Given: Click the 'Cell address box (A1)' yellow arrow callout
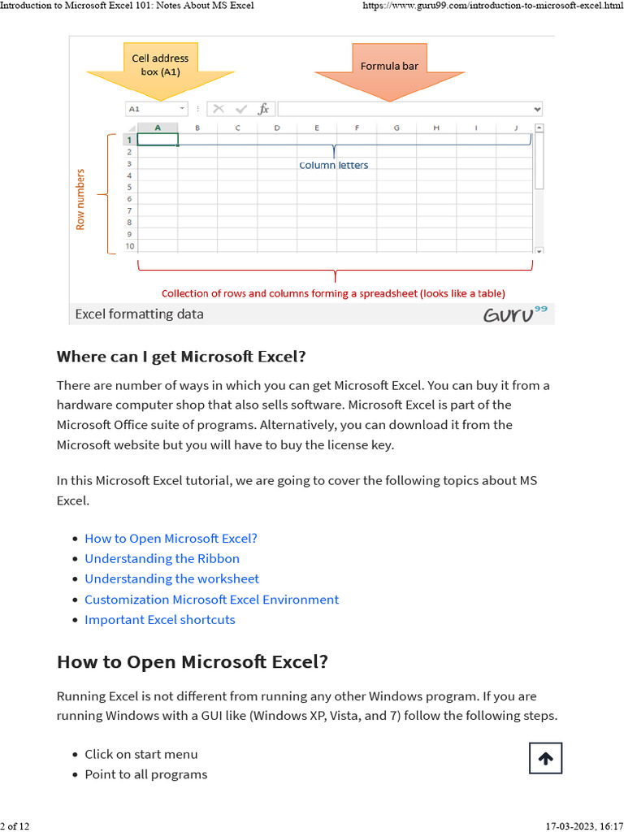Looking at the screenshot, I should pyautogui.click(x=160, y=66).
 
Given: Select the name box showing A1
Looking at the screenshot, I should pyautogui.click(x=155, y=109).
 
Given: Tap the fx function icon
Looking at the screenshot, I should pyautogui.click(x=263, y=109).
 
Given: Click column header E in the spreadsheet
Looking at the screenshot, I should pyautogui.click(x=317, y=128).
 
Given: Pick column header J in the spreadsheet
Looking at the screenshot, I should pyautogui.click(x=516, y=128).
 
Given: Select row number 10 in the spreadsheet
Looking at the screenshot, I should pyautogui.click(x=130, y=246).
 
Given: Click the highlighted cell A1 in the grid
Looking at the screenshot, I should pyautogui.click(x=158, y=140).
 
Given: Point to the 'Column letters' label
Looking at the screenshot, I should pyautogui.click(x=333, y=165).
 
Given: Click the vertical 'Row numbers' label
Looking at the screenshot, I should pyautogui.click(x=80, y=199).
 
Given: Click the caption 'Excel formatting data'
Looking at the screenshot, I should pyautogui.click(x=139, y=314).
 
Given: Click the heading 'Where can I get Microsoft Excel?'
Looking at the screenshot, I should pyautogui.click(x=181, y=357).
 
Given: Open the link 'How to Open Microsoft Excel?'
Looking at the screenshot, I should pyautogui.click(x=171, y=538).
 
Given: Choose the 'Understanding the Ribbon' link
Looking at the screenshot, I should pyautogui.click(x=162, y=558).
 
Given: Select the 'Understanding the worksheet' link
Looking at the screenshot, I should pyautogui.click(x=171, y=578).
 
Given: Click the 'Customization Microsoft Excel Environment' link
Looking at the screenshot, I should pyautogui.click(x=211, y=599).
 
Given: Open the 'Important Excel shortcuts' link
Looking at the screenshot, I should pyautogui.click(x=159, y=619).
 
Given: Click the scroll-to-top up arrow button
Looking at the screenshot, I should pyautogui.click(x=545, y=758).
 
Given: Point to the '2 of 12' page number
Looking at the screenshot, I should pyautogui.click(x=15, y=826).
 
